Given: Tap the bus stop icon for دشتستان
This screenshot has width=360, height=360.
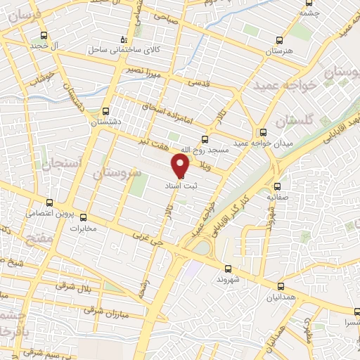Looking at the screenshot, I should [105, 110].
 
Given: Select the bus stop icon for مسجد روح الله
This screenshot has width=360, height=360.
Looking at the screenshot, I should [205, 139].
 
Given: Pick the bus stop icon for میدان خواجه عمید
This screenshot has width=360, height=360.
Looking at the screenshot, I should [262, 132].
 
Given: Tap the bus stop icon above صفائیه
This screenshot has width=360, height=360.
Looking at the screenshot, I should [278, 186].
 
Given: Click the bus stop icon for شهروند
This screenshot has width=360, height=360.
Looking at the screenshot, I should [228, 268].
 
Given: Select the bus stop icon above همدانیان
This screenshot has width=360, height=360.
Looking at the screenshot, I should [281, 286].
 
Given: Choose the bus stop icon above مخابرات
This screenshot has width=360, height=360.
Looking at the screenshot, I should [83, 217].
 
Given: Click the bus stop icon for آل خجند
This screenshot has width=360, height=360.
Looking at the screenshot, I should [44, 36].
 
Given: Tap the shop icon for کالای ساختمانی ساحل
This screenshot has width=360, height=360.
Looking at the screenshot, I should [124, 39].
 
